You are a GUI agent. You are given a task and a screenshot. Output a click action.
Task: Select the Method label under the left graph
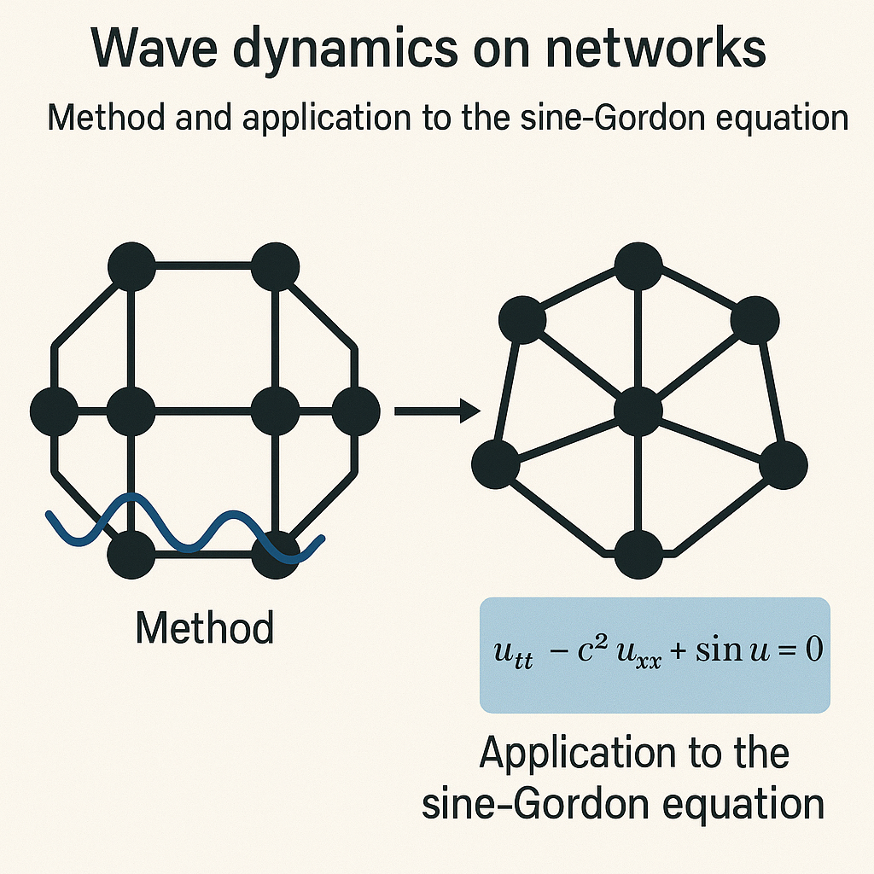pos(205,629)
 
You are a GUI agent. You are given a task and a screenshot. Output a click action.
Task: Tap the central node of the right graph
pos(638,411)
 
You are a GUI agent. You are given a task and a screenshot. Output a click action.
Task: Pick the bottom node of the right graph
pos(638,553)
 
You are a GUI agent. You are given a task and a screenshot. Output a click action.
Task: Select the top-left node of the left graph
pos(131,266)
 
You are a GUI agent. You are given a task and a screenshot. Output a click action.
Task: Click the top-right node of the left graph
pos(275,266)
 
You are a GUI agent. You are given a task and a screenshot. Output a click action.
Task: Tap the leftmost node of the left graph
pos(54,411)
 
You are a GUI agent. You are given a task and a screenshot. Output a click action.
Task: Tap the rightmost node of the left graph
pos(354,411)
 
